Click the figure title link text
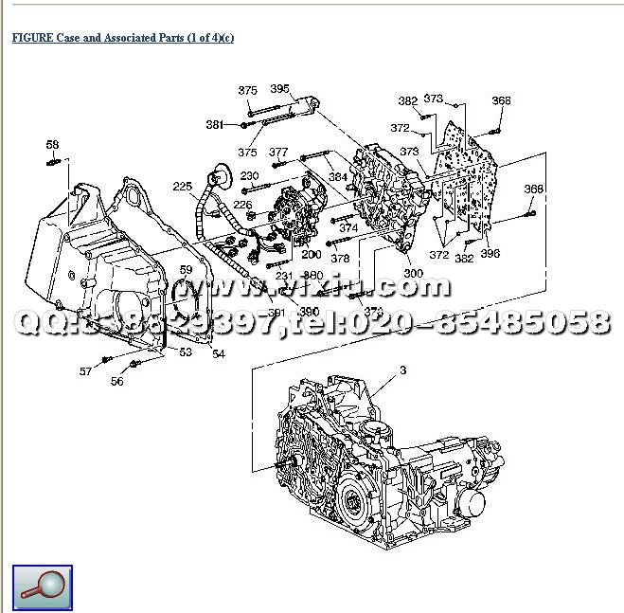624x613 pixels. (x=122, y=38)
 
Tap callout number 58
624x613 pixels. (x=52, y=145)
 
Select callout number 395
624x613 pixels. (x=279, y=88)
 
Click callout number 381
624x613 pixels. (x=215, y=124)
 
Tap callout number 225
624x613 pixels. (x=182, y=186)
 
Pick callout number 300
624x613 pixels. (x=413, y=273)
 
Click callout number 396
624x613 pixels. (x=490, y=253)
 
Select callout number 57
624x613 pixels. (x=86, y=371)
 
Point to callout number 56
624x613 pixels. (x=116, y=381)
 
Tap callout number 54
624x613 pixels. (x=219, y=353)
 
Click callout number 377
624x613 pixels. (x=277, y=152)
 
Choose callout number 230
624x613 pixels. (x=249, y=176)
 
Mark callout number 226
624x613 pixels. (x=243, y=204)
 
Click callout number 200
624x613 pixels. (x=312, y=254)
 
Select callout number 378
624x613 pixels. (x=341, y=258)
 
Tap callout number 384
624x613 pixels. (x=338, y=176)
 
